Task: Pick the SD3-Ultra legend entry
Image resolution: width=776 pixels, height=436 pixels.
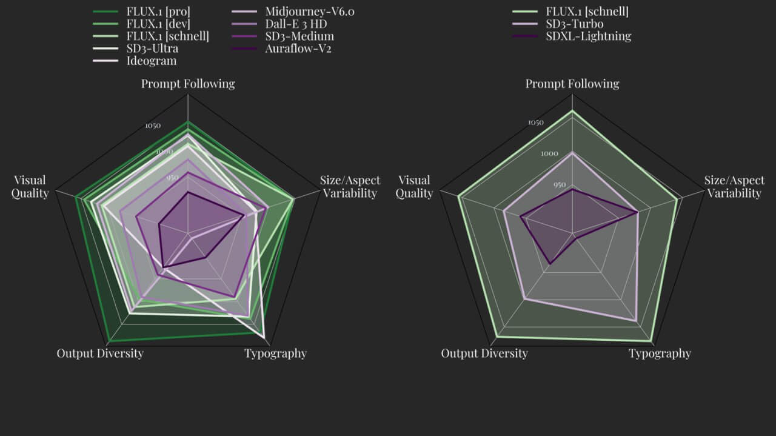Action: [x=152, y=48]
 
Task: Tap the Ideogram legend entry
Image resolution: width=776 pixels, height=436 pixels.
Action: [x=152, y=61]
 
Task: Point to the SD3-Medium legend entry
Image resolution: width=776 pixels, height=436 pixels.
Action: [x=299, y=36]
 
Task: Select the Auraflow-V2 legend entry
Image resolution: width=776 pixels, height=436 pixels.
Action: [x=298, y=48]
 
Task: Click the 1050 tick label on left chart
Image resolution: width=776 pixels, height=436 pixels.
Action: [x=153, y=126]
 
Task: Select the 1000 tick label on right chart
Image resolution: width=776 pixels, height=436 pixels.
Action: [x=549, y=154]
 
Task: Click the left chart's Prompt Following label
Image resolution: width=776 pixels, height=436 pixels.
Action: [x=188, y=84]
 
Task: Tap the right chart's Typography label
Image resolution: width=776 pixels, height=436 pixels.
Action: [x=660, y=354]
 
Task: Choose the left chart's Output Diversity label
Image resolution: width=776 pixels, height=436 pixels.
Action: [x=100, y=354]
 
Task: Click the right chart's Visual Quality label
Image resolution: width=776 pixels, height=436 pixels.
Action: [x=414, y=187]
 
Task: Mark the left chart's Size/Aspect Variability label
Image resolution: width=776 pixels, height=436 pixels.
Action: [x=350, y=187]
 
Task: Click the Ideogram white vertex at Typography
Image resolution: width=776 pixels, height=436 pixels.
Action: [x=264, y=336]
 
